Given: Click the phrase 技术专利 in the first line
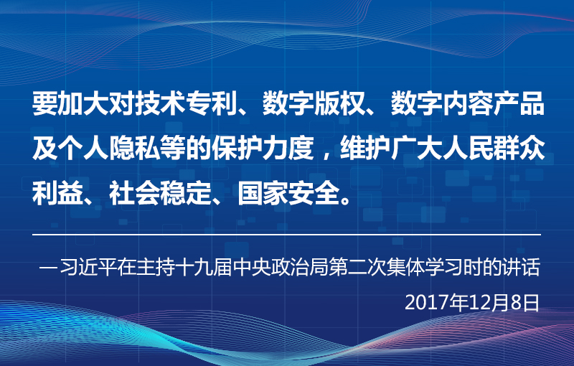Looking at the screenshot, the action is click(x=186, y=103).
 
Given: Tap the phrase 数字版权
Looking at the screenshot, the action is click(x=314, y=103).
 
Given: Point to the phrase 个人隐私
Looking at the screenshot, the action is click(x=109, y=149).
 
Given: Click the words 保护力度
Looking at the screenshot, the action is click(x=263, y=149).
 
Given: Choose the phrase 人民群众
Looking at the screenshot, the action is click(x=494, y=149).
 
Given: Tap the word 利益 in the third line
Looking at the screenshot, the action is click(x=58, y=193).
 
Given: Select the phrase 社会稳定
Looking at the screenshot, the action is click(x=160, y=193).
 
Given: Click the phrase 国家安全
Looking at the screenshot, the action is click(x=288, y=193).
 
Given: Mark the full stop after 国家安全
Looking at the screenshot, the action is click(x=345, y=200).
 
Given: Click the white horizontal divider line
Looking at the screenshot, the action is click(x=286, y=234).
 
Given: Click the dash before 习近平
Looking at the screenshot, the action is click(x=49, y=267).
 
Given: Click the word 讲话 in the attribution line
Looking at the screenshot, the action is click(x=522, y=267).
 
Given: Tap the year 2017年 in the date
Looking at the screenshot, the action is click(x=428, y=303).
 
